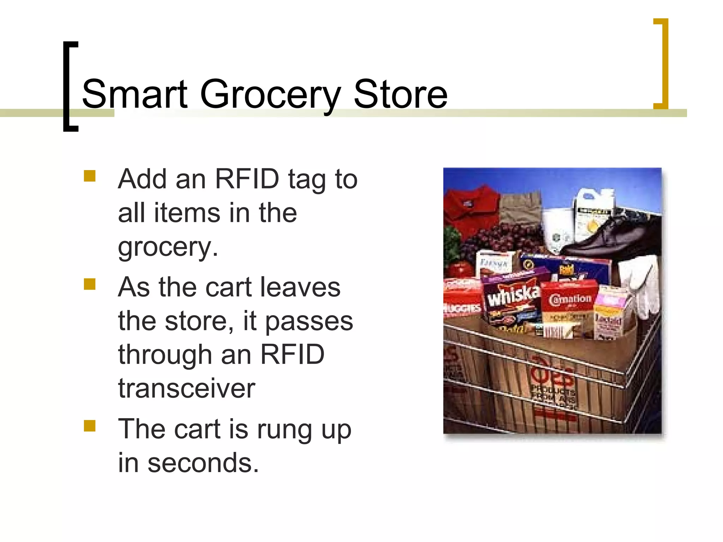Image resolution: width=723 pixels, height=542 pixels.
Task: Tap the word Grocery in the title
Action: pos(270,95)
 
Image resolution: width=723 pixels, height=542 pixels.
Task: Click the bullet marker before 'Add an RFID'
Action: pos(90,176)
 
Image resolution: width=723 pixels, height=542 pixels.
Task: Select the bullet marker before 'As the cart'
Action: pos(90,284)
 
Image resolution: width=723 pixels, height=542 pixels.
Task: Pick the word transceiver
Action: pos(187,388)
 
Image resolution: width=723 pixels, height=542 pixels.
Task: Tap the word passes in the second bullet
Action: pos(309,321)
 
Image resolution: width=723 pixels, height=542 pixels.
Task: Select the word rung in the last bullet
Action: pos(284,430)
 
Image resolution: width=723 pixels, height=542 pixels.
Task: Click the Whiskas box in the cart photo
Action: pos(512,300)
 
